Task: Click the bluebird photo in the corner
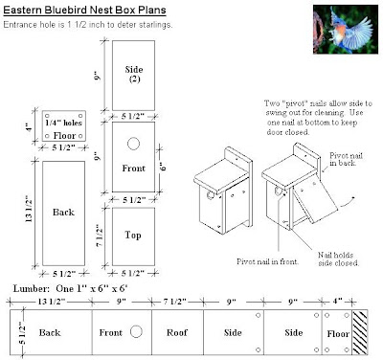point(346,29)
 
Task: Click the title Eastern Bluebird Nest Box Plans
point(84,11)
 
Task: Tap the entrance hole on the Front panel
point(133,144)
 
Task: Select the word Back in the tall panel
point(63,213)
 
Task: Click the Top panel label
point(133,236)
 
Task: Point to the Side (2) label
point(134,74)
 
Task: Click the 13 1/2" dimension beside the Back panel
point(28,209)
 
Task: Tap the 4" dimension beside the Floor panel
point(30,127)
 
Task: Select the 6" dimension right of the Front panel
point(163,167)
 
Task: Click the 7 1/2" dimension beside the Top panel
point(100,236)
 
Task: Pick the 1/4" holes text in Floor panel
point(63,123)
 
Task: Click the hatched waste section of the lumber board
point(360,332)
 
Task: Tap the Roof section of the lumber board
point(177,332)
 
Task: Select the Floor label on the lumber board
point(338,334)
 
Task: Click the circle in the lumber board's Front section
point(136,331)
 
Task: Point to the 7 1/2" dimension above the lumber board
point(175,302)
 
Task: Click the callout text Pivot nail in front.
point(268,261)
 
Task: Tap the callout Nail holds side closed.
point(339,259)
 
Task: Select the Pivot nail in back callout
point(346,159)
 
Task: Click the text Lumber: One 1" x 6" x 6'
point(71,289)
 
